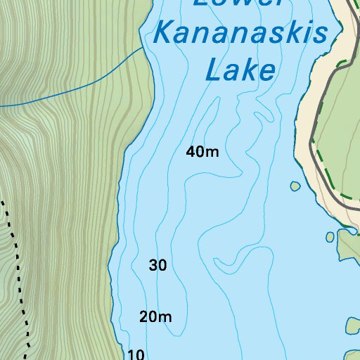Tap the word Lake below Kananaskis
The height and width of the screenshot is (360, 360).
tap(239, 70)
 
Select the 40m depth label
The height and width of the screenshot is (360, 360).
tap(203, 151)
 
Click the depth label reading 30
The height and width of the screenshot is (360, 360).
tap(158, 266)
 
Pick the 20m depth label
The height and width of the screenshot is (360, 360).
tap(155, 317)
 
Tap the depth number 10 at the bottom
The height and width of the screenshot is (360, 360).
tap(136, 354)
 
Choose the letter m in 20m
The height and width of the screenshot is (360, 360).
tap(165, 318)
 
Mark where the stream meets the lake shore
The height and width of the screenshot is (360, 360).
tap(145, 50)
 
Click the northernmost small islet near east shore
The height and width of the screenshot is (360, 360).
tap(295, 187)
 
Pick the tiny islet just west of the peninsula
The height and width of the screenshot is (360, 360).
tap(329, 237)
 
